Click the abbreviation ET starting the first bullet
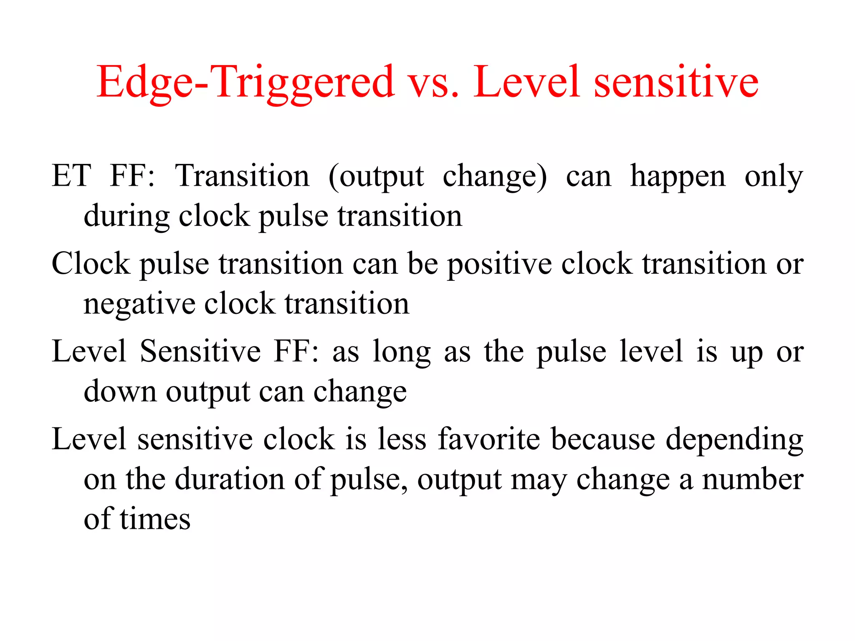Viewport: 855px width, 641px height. (71, 176)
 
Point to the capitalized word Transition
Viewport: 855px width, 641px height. (243, 176)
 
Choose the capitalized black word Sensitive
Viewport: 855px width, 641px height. (200, 351)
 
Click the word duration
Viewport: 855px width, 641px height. (230, 479)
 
